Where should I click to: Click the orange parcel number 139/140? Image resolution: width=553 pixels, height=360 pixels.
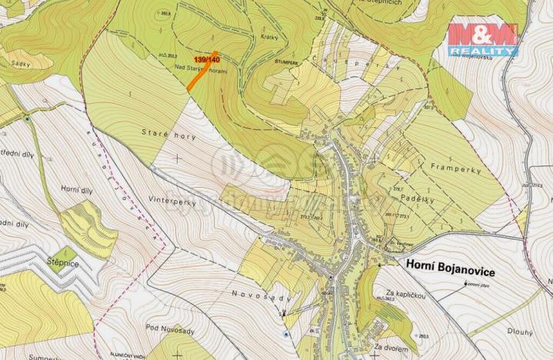[x=208, y=59]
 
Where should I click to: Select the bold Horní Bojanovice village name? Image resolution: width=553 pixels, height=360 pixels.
[x=449, y=272]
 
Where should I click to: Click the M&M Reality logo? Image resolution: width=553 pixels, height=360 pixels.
[x=483, y=38]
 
